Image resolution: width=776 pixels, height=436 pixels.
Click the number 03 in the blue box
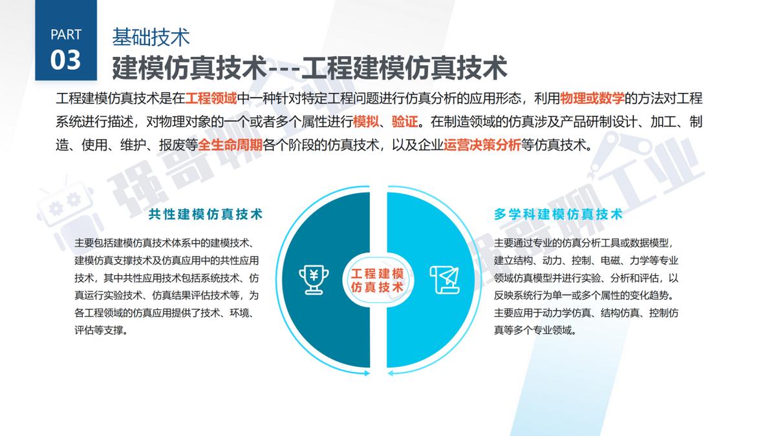click(65, 59)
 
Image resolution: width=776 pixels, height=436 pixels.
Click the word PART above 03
click(65, 34)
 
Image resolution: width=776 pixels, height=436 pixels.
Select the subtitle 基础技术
click(151, 37)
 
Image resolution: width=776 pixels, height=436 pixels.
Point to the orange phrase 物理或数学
click(592, 99)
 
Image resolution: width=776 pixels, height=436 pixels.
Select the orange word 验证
click(405, 121)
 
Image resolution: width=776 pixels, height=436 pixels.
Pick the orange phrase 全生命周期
click(231, 144)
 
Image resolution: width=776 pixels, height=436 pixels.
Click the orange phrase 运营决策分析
click(482, 144)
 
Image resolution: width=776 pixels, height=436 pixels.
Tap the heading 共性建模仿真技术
click(206, 214)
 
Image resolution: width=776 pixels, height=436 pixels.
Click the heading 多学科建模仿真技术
click(558, 214)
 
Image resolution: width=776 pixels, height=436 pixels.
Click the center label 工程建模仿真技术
click(377, 279)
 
